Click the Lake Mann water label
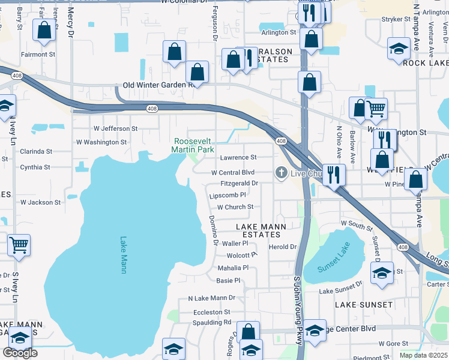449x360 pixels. tap(123, 255)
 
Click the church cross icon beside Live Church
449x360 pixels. tap(280, 173)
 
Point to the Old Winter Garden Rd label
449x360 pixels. tap(157, 85)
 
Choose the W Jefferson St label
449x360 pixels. tap(115, 128)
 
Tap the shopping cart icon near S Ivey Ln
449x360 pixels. tap(19, 244)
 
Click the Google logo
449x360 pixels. tap(20, 352)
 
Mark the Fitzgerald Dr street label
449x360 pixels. tap(239, 184)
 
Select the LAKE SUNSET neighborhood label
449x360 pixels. tap(364, 305)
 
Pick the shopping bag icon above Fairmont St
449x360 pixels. tap(44, 31)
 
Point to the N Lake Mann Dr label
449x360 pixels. tap(211, 298)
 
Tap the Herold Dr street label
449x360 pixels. tap(283, 247)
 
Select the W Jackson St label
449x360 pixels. tap(40, 203)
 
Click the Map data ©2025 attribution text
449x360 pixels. tap(423, 355)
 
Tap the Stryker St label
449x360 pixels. tap(396, 19)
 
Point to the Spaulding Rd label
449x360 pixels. tap(211, 322)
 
